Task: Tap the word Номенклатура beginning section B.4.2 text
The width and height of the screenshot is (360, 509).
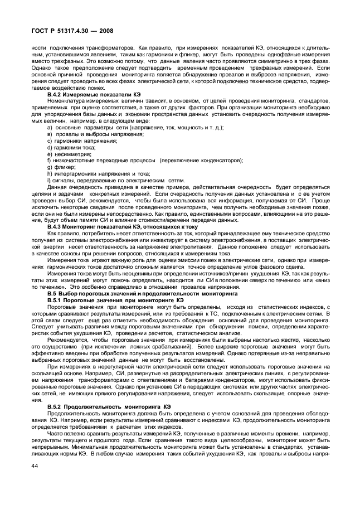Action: [69, 102]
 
